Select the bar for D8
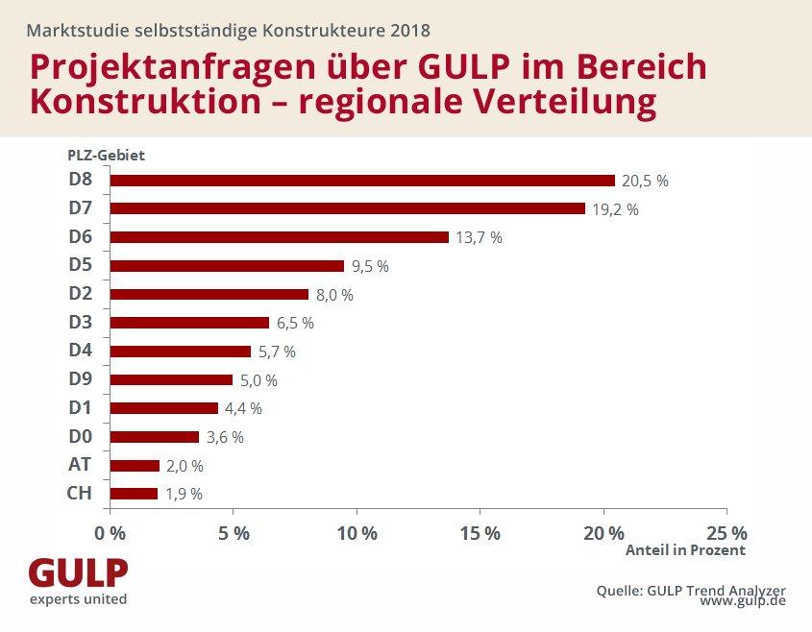tap(362, 181)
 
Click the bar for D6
tap(280, 237)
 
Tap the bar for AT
tap(135, 466)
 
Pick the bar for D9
tap(172, 380)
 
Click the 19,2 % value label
tap(616, 209)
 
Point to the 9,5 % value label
tap(370, 267)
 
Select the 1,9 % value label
tap(184, 495)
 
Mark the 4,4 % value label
tap(243, 409)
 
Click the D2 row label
tap(80, 294)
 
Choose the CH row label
tap(80, 494)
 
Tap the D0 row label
tap(80, 437)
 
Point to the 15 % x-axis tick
tap(480, 532)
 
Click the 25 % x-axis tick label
tap(726, 532)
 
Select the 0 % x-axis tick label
tap(111, 532)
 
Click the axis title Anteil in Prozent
tap(685, 551)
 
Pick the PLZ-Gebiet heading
tap(106, 155)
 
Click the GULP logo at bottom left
tap(78, 579)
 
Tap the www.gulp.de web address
tap(743, 600)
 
